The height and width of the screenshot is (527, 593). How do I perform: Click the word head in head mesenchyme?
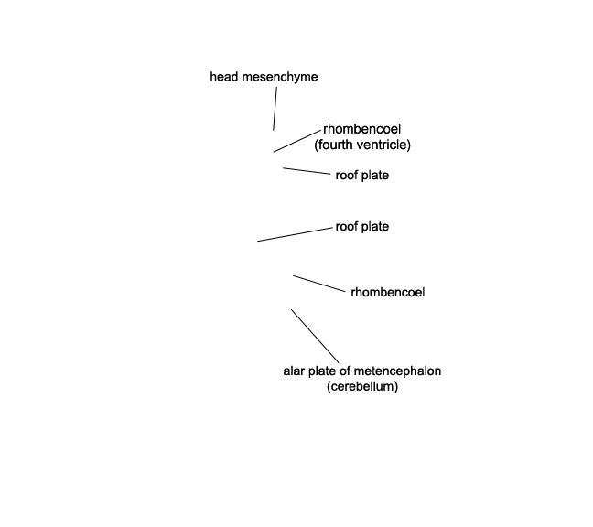pos(224,77)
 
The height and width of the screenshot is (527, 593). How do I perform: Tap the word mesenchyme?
pos(280,77)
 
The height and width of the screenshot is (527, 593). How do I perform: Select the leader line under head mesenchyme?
pos(275,109)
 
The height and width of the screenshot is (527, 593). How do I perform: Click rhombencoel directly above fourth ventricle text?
pos(361,129)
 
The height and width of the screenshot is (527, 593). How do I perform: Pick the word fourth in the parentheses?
pos(335,145)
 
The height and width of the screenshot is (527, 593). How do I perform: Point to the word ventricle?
pos(385,145)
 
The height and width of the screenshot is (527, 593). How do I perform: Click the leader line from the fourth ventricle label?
pos(296,141)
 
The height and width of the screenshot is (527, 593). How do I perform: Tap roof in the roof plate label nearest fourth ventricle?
pos(347,176)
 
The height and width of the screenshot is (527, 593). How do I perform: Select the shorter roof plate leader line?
pos(307,171)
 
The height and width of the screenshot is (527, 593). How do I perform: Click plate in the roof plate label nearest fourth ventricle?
pos(375,176)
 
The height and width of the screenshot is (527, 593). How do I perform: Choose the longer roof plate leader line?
pos(295,234)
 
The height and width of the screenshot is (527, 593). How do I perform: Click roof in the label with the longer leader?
pos(347,227)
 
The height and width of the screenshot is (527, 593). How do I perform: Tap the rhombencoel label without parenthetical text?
pos(388,292)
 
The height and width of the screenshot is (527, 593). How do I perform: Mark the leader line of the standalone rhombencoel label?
pos(319,284)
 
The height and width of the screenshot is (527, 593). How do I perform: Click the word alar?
pos(295,371)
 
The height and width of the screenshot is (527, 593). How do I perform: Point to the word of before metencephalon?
pos(345,371)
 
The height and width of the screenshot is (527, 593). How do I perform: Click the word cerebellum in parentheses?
pos(362,387)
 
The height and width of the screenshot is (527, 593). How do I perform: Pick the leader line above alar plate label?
pos(315,336)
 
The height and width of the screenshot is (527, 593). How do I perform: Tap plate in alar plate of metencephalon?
pos(323,371)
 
